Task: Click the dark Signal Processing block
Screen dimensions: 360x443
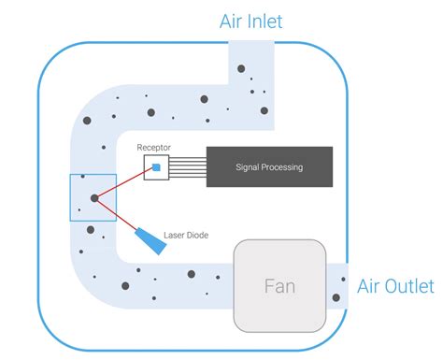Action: (269, 167)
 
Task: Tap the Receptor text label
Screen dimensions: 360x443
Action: (153, 148)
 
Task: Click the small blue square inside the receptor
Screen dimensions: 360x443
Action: (157, 167)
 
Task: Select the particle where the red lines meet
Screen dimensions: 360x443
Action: (93, 197)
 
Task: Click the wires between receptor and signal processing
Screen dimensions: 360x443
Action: (188, 167)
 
